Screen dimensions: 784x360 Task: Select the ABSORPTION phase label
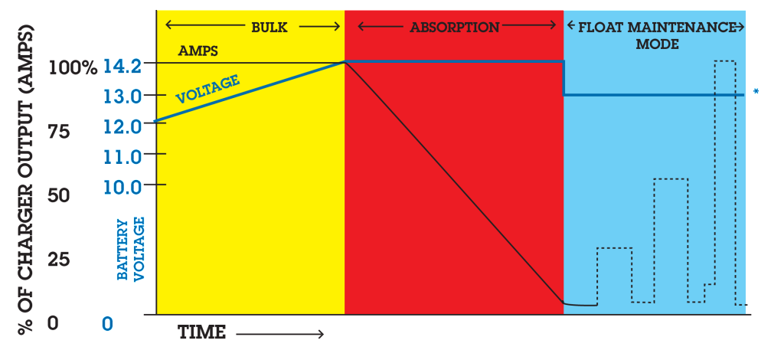click(455, 27)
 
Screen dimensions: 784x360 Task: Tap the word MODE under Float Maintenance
click(657, 44)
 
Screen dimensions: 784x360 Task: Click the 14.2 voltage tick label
click(122, 67)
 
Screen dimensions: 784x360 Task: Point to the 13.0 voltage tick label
click(122, 96)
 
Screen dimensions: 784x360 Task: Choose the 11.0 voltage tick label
click(122, 158)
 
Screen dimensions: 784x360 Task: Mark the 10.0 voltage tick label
click(122, 188)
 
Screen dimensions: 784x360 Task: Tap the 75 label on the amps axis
click(59, 132)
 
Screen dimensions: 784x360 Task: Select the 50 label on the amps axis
click(59, 195)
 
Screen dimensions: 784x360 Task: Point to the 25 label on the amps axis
click(59, 260)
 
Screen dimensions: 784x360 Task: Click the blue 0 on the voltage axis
click(107, 324)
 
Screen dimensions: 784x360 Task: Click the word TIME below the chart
click(202, 332)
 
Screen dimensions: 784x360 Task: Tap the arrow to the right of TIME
click(280, 333)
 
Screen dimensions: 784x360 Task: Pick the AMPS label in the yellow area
click(198, 51)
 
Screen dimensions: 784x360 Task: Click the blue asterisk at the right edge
click(756, 92)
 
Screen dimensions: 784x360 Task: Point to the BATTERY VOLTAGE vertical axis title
click(131, 248)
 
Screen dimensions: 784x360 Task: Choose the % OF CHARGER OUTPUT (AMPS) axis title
click(27, 179)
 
